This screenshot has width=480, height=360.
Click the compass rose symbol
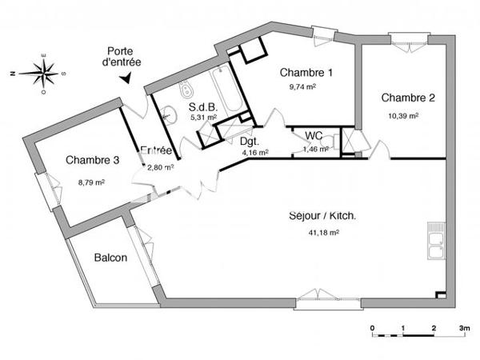pos(40,73)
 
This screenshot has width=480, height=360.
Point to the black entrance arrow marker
pos(126,78)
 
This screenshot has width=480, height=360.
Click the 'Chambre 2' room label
pos(408,98)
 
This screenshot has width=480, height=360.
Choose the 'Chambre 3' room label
pos(92,160)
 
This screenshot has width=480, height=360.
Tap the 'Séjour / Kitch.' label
pos(322,216)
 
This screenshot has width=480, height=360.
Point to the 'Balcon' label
pos(110,258)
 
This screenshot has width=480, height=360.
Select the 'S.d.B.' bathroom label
pos(203,106)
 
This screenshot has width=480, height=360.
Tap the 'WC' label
pos(313,135)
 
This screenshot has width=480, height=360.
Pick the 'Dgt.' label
pos(249,141)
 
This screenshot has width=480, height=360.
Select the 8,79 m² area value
pos(91,182)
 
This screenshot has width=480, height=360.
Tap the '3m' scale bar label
pos(463,328)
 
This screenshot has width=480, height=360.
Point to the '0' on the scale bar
pos(373,328)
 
